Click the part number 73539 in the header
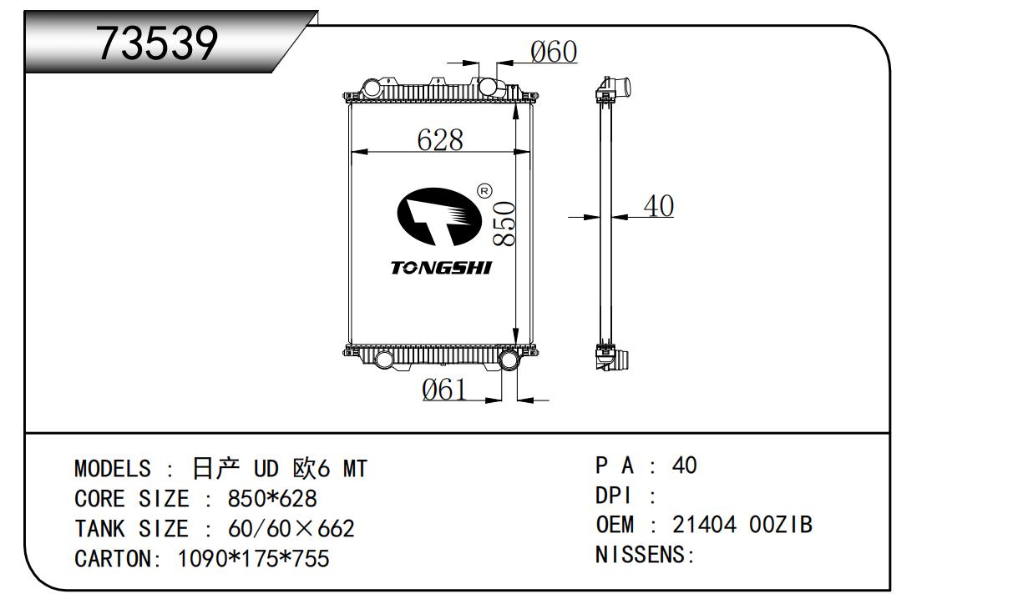(x=158, y=43)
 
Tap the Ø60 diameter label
(x=554, y=52)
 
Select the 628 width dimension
(x=440, y=139)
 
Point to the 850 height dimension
(x=504, y=223)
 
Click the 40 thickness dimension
(x=659, y=205)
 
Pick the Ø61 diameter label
(x=444, y=389)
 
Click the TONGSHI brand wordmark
(x=441, y=268)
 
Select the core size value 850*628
(x=272, y=499)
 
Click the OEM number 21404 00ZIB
(x=742, y=525)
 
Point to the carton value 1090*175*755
(x=254, y=558)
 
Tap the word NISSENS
(x=640, y=555)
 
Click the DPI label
(x=612, y=495)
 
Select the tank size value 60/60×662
(x=291, y=528)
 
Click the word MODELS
(x=113, y=469)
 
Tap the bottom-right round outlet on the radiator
(x=508, y=360)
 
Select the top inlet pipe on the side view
(x=620, y=87)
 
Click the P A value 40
(x=684, y=465)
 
